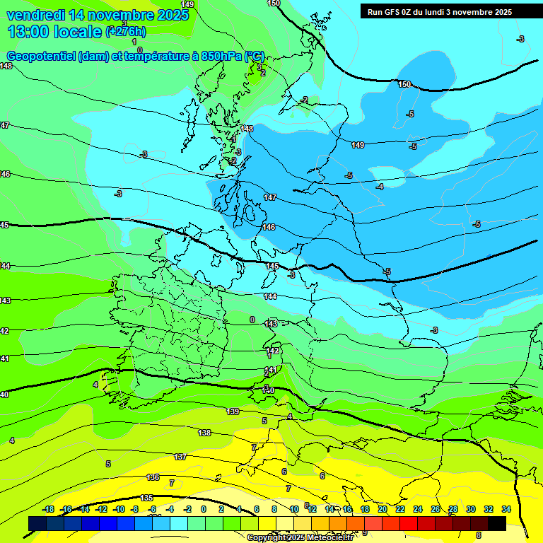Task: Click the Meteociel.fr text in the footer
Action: click(x=329, y=538)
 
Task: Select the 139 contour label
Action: click(x=233, y=411)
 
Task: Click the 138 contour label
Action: click(x=204, y=433)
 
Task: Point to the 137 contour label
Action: click(x=180, y=457)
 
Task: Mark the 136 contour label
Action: click(x=153, y=478)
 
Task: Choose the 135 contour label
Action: click(x=146, y=498)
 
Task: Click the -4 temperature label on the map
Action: click(x=380, y=187)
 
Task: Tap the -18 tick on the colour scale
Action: click(x=49, y=509)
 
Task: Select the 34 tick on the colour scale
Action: click(x=506, y=509)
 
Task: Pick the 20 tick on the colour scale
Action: click(x=383, y=509)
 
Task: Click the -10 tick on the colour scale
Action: click(x=119, y=509)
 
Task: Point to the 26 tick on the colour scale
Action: click(x=436, y=509)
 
